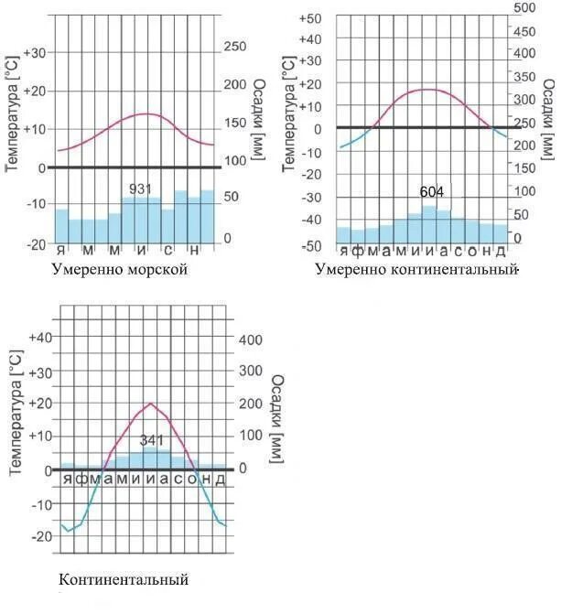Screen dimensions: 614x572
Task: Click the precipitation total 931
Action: [x=140, y=189]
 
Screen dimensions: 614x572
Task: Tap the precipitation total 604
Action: [x=432, y=191]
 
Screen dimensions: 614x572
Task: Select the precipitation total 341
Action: [x=151, y=440]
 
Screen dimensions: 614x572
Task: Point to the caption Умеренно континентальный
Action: [x=416, y=269]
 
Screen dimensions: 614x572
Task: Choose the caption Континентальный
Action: [x=124, y=579]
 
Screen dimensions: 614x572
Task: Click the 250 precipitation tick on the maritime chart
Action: [x=235, y=47]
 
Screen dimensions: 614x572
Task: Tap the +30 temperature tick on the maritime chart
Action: [x=34, y=53]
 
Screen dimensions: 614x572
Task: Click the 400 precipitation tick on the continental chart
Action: [x=251, y=340]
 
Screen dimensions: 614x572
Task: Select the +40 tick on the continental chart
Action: [x=40, y=338]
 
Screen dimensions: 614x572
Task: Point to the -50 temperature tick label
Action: [x=311, y=246]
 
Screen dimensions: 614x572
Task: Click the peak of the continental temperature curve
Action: [x=151, y=404]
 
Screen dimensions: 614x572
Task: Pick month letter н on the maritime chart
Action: [x=194, y=251]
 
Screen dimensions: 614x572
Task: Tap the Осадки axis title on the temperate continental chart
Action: [x=549, y=117]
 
